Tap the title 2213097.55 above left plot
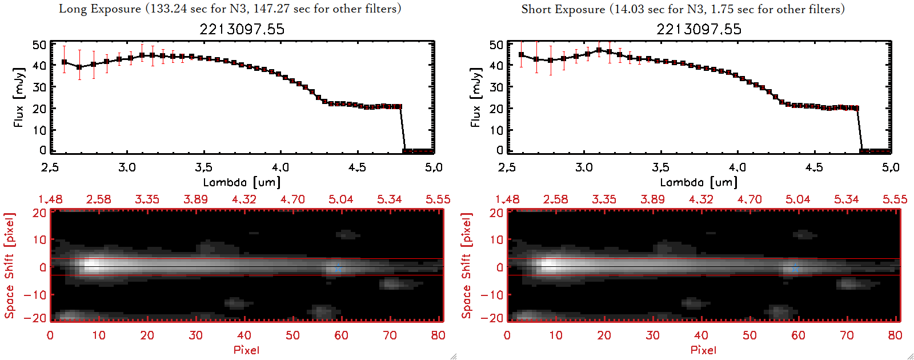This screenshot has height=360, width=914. [242, 29]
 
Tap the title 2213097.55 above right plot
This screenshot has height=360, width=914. [699, 29]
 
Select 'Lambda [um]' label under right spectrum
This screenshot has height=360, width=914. [699, 182]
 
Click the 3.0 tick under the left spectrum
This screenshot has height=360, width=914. [127, 167]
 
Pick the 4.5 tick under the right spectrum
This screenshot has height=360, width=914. [814, 167]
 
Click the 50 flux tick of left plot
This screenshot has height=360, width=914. [39, 45]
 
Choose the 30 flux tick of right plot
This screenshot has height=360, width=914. [496, 87]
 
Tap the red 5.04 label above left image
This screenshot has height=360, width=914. [340, 199]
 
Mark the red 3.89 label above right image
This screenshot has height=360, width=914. [652, 199]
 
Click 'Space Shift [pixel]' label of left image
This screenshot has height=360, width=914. [9, 266]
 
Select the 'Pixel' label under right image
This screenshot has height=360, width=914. [703, 350]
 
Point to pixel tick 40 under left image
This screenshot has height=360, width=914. [244, 335]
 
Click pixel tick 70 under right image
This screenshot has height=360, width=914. [847, 335]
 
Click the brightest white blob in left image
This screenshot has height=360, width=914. [92, 265]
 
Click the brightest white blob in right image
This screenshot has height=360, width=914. [549, 265]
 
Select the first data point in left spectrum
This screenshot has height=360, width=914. [64, 62]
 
